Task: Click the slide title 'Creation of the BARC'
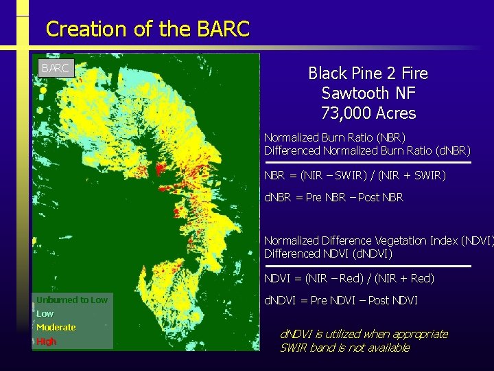[x=148, y=29]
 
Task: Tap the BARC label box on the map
[x=55, y=68]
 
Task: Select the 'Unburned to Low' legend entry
[x=72, y=300]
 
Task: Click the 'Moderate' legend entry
[x=56, y=327]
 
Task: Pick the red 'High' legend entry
[x=47, y=341]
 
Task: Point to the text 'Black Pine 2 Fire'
[x=368, y=74]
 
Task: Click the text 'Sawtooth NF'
[x=368, y=93]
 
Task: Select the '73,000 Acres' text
[x=368, y=113]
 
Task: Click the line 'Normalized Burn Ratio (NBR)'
[x=335, y=137]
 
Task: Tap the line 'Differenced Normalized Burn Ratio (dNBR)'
[x=367, y=150]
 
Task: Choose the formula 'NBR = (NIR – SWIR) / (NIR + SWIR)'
[x=355, y=176]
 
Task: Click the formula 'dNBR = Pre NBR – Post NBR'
[x=334, y=198]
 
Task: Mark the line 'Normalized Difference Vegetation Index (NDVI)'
[x=378, y=240]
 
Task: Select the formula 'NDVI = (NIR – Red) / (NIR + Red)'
[x=349, y=278]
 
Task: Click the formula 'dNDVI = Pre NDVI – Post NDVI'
[x=341, y=300]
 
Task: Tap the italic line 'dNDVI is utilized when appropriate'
[x=364, y=334]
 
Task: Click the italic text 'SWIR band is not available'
[x=344, y=348]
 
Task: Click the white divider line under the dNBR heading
[x=368, y=163]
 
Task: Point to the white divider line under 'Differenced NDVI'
[x=368, y=266]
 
